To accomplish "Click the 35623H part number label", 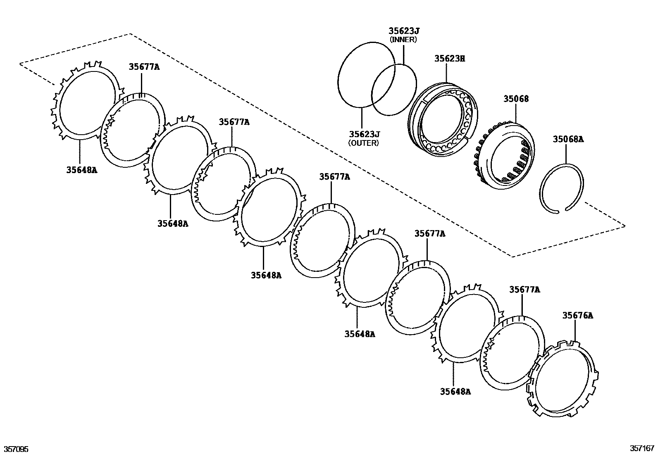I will (449, 59).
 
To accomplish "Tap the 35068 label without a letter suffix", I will (515, 99).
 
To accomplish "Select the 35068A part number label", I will (568, 140).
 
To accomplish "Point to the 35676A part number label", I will (577, 316).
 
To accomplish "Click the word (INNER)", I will (403, 40).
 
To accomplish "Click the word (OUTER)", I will (363, 143).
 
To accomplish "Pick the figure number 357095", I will (16, 449).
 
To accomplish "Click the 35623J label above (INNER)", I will (404, 31).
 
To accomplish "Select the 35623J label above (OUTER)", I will (364, 134).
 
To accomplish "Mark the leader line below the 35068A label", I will (566, 154).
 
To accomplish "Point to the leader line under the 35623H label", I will (446, 72).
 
